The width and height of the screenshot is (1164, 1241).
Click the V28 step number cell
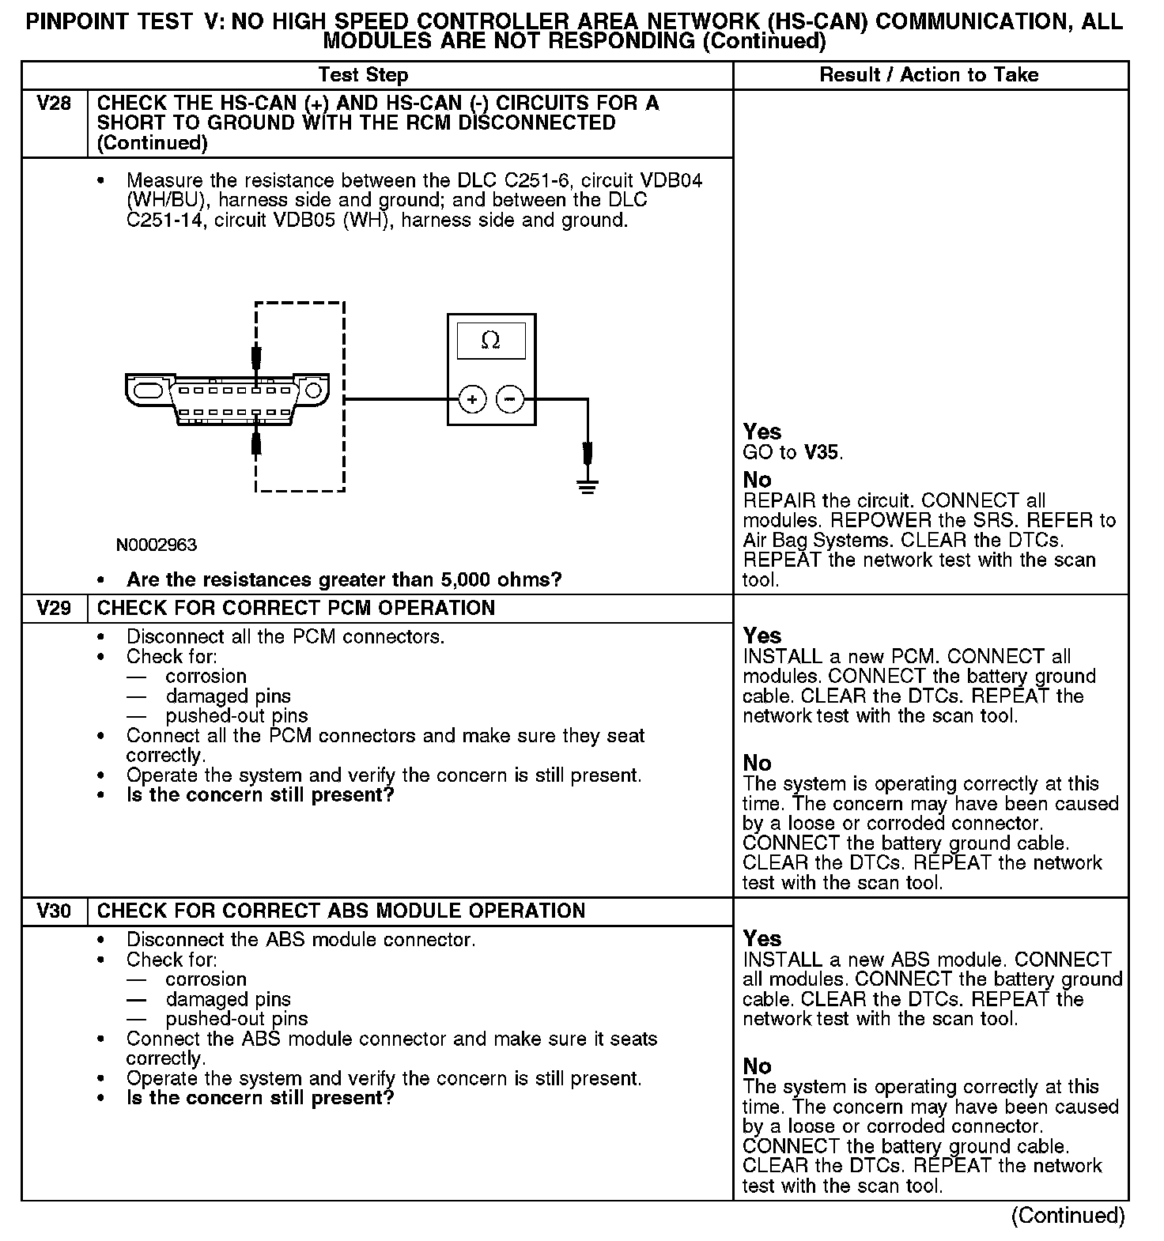[x=54, y=104]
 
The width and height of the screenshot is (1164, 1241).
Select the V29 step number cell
[x=54, y=609]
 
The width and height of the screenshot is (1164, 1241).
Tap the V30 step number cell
[x=54, y=911]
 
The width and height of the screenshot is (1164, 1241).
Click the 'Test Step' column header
[x=363, y=75]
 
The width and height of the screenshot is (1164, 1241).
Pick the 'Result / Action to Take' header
[x=929, y=75]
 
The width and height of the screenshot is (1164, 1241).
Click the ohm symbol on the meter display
[x=490, y=341]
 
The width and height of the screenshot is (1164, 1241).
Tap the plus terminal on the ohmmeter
[x=472, y=399]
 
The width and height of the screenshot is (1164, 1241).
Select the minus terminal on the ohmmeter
[x=509, y=399]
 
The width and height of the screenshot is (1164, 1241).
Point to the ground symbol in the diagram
[x=587, y=485]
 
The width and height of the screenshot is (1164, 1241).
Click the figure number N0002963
[x=157, y=545]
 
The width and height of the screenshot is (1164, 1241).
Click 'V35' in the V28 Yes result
[x=822, y=453]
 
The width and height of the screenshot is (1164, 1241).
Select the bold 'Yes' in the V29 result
[x=762, y=636]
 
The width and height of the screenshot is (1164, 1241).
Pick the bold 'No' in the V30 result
[x=757, y=1066]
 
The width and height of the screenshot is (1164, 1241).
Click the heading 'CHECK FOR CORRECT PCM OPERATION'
[x=296, y=609]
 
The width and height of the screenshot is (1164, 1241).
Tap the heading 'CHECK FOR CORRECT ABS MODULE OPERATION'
[x=341, y=911]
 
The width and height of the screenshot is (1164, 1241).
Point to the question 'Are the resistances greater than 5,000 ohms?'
[x=344, y=579]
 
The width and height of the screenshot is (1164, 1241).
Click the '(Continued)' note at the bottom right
[x=1068, y=1215]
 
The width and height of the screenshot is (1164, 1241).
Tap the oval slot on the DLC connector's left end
[x=148, y=390]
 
